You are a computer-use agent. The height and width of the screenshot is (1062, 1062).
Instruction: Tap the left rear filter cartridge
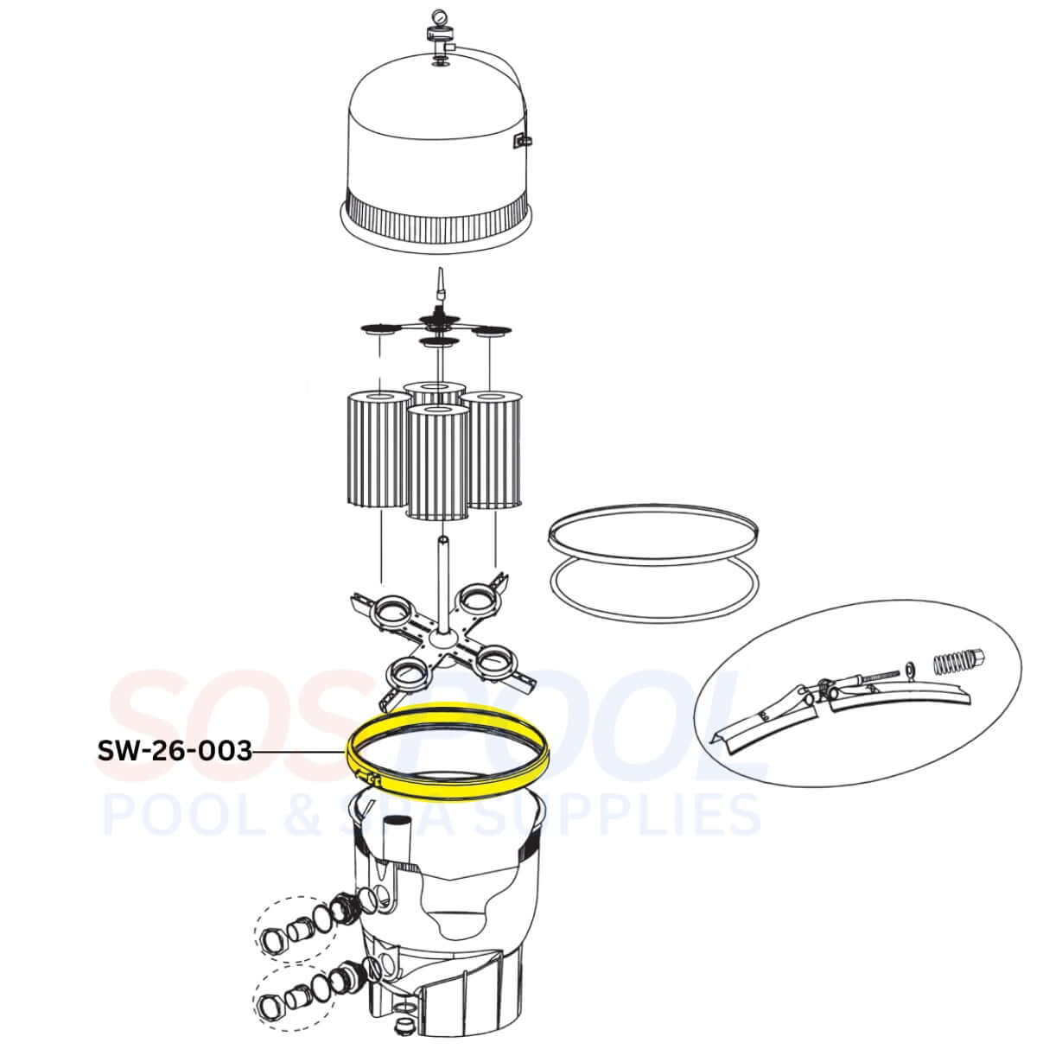tap(377, 449)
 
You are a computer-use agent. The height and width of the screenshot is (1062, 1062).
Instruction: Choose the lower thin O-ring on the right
tap(655, 596)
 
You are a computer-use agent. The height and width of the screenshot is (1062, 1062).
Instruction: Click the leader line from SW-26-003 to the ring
tap(298, 752)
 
